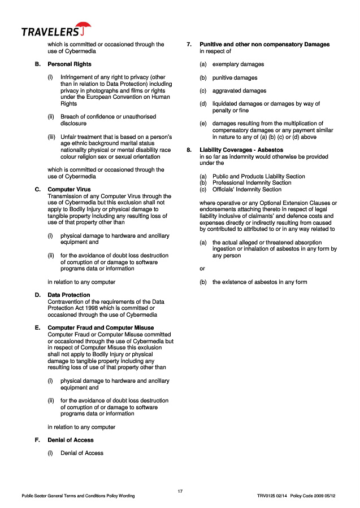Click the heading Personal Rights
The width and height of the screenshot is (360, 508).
(69, 64)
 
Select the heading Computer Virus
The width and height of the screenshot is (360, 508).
(69, 190)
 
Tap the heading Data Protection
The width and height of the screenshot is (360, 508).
(68, 295)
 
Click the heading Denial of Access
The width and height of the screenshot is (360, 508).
(70, 440)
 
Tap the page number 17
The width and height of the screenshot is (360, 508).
(180, 492)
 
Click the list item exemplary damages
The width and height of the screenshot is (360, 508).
(238, 64)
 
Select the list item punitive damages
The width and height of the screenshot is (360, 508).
(235, 77)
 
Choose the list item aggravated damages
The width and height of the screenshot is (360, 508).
(239, 91)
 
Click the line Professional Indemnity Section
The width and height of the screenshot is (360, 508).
(251, 183)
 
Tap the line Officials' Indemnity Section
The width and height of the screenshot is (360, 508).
(246, 190)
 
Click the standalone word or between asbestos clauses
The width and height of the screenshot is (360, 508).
(202, 269)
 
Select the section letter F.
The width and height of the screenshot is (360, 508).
(37, 440)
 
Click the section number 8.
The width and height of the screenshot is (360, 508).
(189, 150)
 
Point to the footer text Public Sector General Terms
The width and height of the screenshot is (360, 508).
(78, 496)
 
